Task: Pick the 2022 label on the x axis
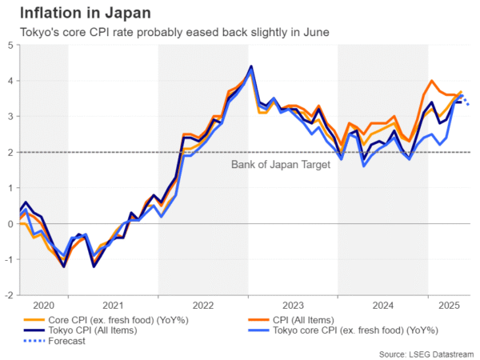coord(202,305)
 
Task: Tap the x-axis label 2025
coord(449,305)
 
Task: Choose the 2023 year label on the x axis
coord(293,305)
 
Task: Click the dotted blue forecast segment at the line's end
coord(466,99)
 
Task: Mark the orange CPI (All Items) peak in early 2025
coord(432,81)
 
